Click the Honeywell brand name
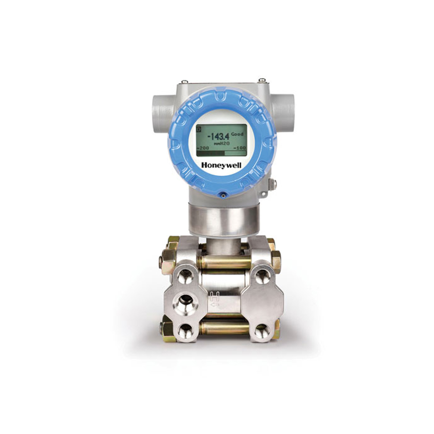221,165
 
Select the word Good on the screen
237,134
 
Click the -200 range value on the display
203,148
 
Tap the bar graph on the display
221,153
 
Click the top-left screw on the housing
185,81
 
